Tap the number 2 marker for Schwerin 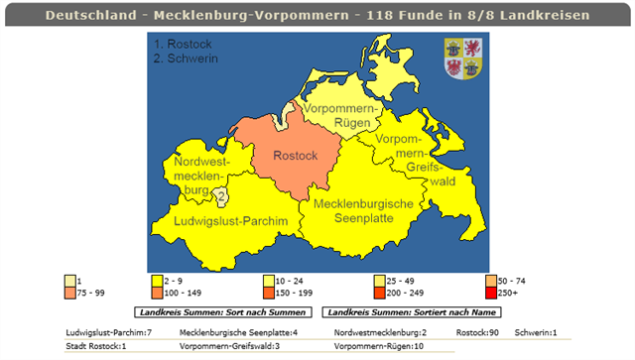(220, 196)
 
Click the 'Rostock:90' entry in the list (478, 332)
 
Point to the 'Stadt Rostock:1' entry (96, 346)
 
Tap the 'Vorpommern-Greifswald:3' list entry (230, 346)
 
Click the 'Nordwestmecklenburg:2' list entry (380, 332)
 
